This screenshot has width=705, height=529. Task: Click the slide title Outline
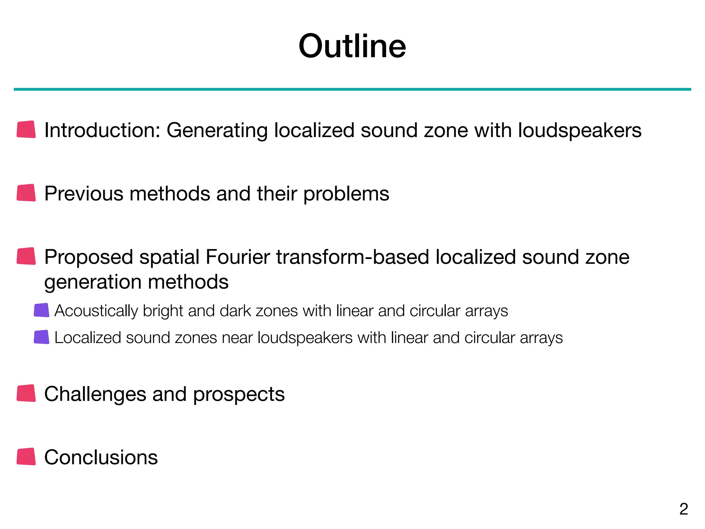coord(352,46)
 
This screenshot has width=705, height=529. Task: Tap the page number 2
coord(684,509)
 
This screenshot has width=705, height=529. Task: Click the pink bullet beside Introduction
coord(26,129)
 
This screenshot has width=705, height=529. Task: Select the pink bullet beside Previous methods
coord(26,193)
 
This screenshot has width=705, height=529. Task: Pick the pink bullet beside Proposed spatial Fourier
coord(26,256)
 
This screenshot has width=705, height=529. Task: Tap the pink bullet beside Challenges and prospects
coord(26,393)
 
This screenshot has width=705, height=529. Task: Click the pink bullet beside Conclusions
coord(26,457)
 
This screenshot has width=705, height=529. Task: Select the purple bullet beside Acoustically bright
coord(42,310)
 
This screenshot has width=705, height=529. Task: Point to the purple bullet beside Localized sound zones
coord(42,337)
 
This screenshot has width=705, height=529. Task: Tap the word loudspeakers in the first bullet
coord(580,131)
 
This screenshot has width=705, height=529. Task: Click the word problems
coord(346,194)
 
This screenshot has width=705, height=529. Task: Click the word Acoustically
coord(96,311)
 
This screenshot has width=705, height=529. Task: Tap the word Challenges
coord(95,394)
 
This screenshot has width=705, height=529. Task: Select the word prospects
coord(239,395)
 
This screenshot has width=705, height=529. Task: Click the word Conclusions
coord(101,457)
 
